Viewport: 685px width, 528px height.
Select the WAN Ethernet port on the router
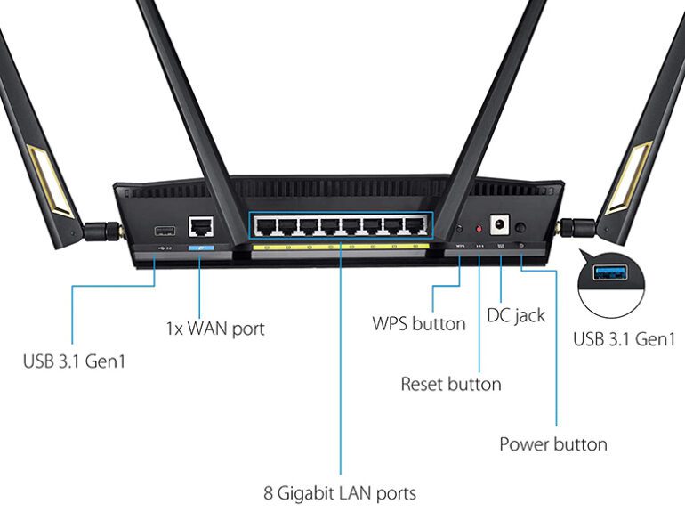tap(201, 228)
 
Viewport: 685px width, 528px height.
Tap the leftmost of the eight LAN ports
tap(264, 226)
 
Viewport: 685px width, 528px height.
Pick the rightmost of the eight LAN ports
tap(414, 226)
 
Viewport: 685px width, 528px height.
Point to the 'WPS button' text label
tap(418, 323)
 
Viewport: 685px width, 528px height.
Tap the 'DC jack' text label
tap(516, 315)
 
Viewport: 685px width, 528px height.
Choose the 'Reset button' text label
tap(450, 385)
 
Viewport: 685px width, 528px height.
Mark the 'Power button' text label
tap(552, 444)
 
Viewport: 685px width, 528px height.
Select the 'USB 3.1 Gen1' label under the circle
tap(624, 338)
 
